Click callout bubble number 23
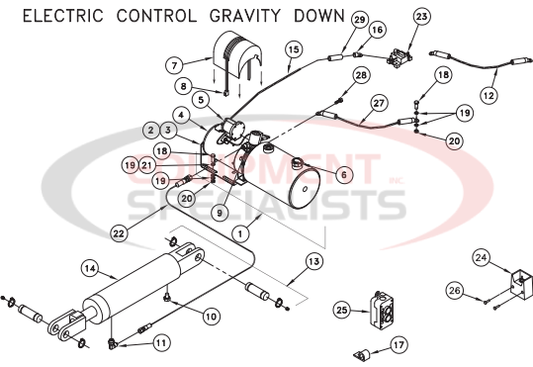coord(422,17)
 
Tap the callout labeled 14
coord(88,267)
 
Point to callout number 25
coord(342,311)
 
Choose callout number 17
coord(399,344)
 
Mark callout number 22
coord(119,233)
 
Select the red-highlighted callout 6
coord(344,174)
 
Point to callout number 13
coord(314,261)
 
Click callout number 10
coord(210,317)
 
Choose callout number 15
coord(293,48)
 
